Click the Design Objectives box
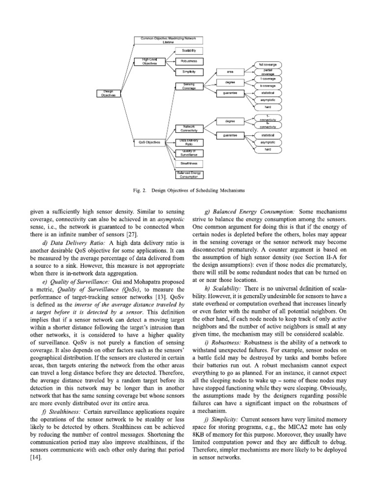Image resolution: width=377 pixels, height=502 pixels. (107, 93)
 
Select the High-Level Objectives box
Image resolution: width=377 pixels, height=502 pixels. (148, 61)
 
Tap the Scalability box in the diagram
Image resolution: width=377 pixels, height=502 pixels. (188, 50)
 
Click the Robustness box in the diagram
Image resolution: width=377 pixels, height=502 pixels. (188, 61)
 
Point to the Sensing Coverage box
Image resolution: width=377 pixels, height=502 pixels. (188, 86)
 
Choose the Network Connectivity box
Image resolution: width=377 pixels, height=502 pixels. (188, 129)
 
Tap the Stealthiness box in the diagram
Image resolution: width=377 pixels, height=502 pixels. (188, 163)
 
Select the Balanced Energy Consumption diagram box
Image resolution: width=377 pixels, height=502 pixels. (188, 174)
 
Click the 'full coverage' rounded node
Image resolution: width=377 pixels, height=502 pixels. (268, 64)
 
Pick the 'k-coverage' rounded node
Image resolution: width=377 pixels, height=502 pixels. (268, 85)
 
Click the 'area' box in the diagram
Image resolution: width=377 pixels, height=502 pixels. (230, 72)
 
